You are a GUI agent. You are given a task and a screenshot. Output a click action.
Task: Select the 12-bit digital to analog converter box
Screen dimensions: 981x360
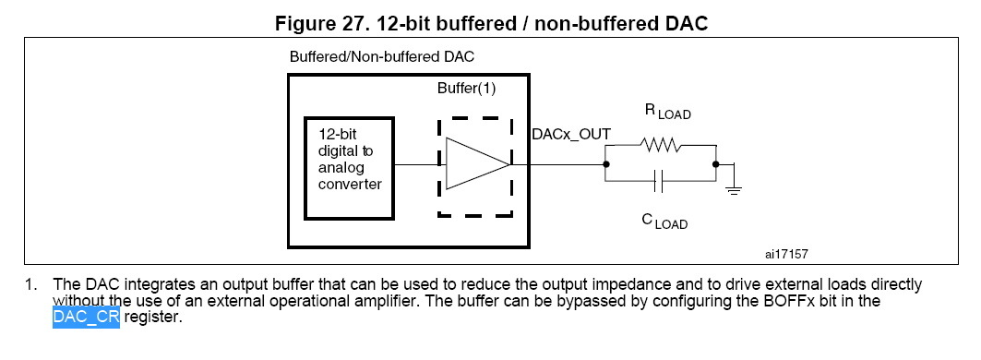(x=349, y=168)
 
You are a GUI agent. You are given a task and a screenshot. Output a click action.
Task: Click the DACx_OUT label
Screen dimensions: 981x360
(x=570, y=134)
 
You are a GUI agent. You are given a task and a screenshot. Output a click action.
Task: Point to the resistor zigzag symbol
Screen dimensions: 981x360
(x=660, y=145)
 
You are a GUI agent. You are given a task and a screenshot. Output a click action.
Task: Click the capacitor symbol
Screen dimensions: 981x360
(x=658, y=182)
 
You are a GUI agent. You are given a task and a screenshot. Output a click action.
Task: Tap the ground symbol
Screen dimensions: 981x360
(x=734, y=187)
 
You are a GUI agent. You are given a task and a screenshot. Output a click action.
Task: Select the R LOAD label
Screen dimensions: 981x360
(x=667, y=112)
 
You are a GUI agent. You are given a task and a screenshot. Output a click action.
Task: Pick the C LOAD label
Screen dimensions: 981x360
(x=664, y=221)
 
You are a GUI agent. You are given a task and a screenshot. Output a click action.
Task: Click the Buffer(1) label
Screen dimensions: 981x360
(x=466, y=89)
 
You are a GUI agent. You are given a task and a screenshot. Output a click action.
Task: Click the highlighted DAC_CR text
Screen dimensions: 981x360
(x=86, y=317)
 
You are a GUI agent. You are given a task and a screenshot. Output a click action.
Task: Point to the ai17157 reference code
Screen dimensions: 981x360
(x=786, y=254)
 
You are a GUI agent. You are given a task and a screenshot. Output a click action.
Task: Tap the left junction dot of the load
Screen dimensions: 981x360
(x=605, y=164)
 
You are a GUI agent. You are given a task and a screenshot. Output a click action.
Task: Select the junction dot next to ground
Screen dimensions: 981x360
(x=716, y=164)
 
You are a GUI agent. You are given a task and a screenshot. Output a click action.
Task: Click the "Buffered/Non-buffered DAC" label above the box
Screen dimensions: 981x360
(x=382, y=57)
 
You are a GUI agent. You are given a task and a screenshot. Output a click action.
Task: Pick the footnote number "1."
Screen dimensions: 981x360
(x=30, y=285)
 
